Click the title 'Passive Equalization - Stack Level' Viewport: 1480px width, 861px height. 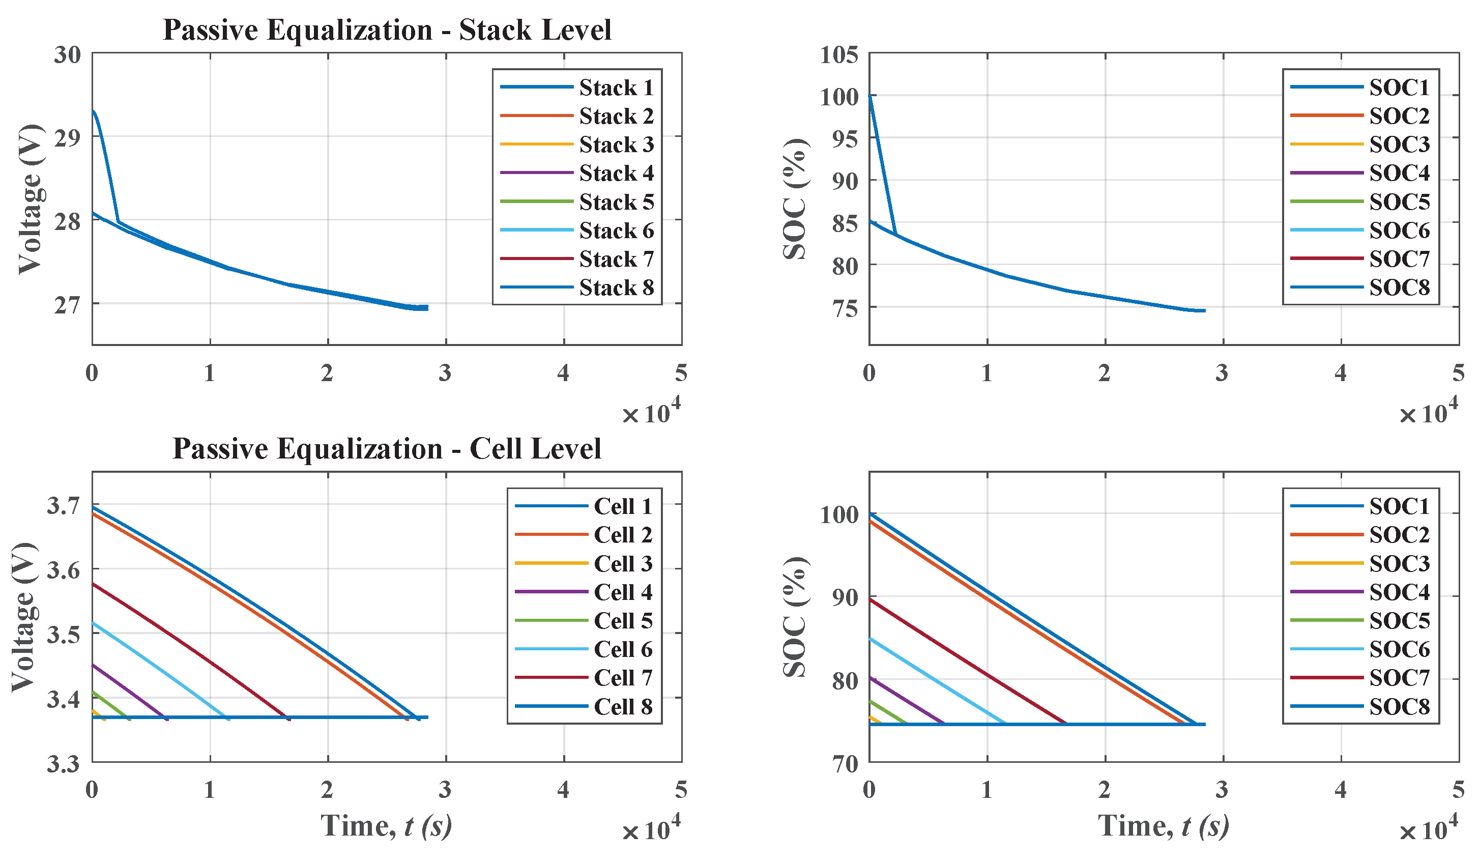click(x=387, y=30)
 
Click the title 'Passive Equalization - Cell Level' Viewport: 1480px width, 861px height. click(x=387, y=449)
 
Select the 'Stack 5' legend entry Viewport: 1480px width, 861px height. click(x=616, y=202)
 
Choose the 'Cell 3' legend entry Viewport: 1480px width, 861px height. click(x=623, y=563)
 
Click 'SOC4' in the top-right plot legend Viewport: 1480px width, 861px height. click(x=1399, y=173)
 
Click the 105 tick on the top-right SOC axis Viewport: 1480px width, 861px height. click(x=838, y=55)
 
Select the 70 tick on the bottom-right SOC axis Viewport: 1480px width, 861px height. click(x=845, y=763)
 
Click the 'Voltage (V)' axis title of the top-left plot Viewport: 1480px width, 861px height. click(x=30, y=199)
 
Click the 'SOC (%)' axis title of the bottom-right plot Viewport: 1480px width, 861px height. click(x=795, y=617)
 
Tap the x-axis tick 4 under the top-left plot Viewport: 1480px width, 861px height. click(x=563, y=374)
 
